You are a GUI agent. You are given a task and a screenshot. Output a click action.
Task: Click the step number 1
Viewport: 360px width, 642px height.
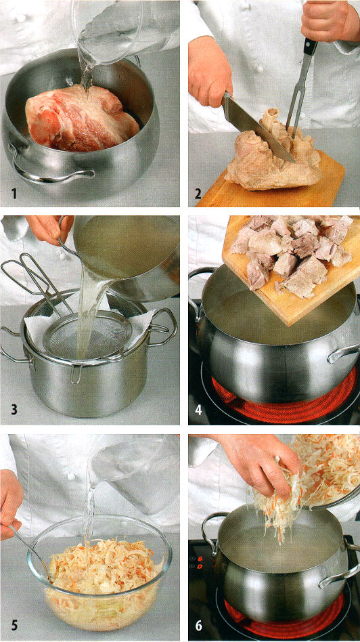(x=14, y=192)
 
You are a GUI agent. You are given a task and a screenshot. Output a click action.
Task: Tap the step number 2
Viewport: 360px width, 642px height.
(x=198, y=193)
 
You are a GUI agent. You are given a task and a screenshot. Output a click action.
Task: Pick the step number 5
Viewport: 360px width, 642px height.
(x=14, y=625)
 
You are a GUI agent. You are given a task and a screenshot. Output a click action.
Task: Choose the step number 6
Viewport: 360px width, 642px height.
(x=199, y=625)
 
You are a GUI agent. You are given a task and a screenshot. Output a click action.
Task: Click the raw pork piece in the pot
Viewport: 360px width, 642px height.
(x=82, y=119)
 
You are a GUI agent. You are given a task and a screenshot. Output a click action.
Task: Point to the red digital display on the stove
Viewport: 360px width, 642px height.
(x=200, y=562)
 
